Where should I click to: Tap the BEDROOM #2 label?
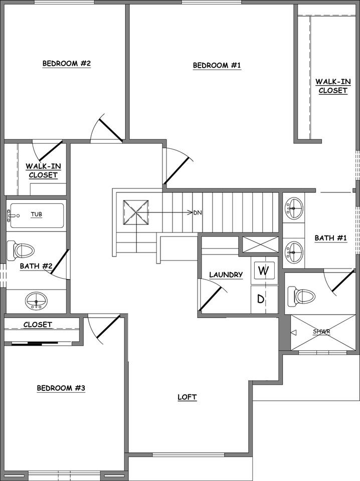(x=66, y=64)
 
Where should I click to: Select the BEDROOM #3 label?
(x=61, y=388)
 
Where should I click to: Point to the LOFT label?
(x=187, y=397)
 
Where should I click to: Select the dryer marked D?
(x=261, y=299)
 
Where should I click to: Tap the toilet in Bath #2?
(x=21, y=250)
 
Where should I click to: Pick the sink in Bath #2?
(x=36, y=301)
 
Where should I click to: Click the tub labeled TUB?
(x=37, y=215)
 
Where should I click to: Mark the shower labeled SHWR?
(x=323, y=332)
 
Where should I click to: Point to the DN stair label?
(x=197, y=212)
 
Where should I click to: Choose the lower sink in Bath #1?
(x=294, y=249)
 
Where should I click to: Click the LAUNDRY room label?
(x=226, y=275)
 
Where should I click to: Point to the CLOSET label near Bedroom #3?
(x=38, y=325)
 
